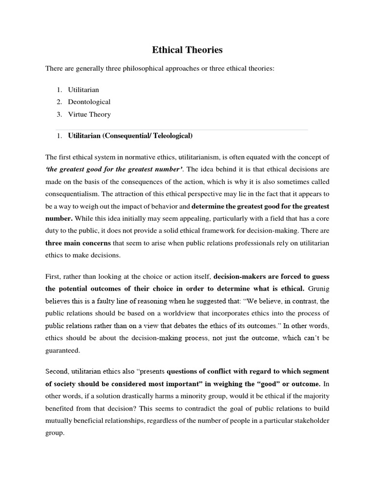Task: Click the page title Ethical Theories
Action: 187,49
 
